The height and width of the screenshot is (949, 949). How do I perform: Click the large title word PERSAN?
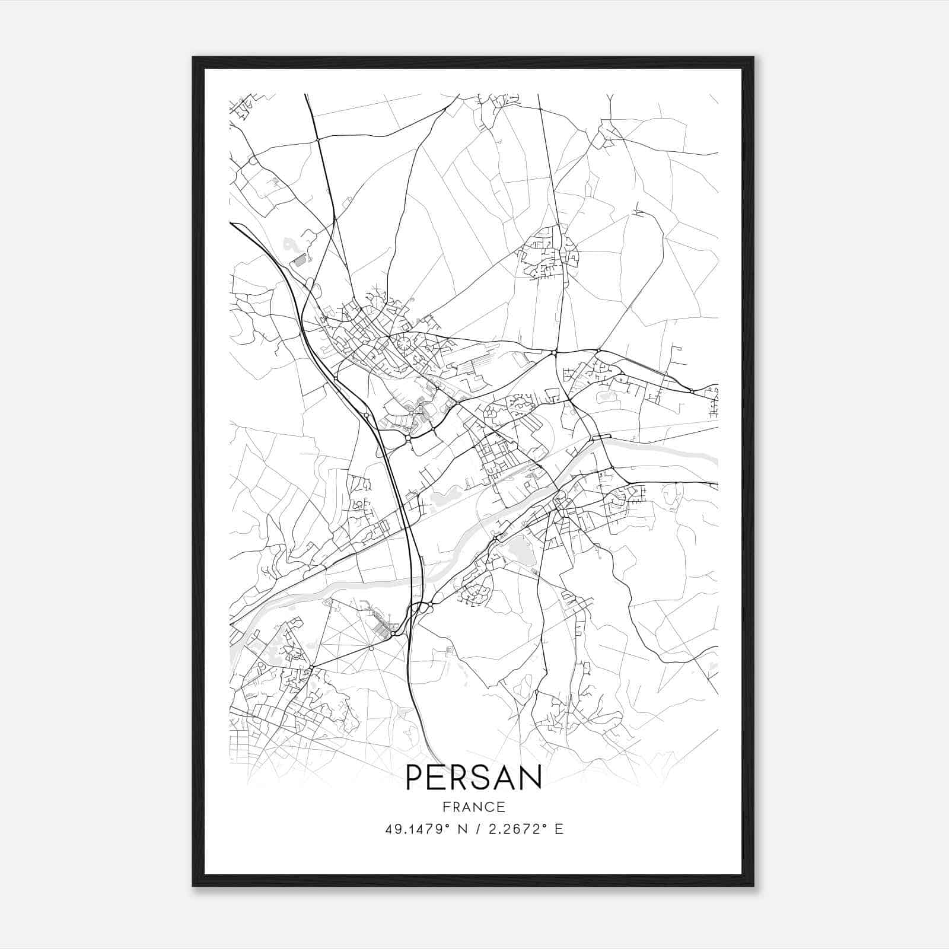[474, 778]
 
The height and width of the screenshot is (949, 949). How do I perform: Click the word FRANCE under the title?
[474, 807]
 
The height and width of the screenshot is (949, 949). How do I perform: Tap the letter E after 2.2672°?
[559, 829]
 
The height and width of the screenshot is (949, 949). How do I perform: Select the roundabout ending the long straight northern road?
[553, 353]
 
